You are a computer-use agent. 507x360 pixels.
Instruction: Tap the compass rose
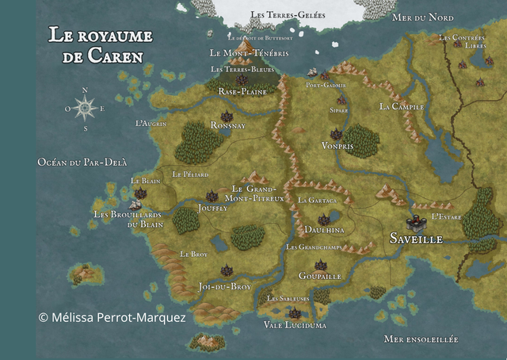[x=86, y=107]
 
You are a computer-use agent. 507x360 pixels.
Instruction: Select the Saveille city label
[x=416, y=238]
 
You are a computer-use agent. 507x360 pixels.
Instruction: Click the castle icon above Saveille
[x=414, y=221]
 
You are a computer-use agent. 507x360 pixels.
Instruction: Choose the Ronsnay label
[x=228, y=125]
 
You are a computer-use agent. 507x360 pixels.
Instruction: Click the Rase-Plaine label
[x=242, y=92]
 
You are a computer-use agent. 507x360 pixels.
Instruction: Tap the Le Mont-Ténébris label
[x=248, y=53]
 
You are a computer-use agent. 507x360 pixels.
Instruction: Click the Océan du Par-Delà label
[x=82, y=162]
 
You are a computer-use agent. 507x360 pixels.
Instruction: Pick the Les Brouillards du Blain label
[x=128, y=219]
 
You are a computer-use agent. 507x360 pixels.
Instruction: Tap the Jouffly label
[x=212, y=208]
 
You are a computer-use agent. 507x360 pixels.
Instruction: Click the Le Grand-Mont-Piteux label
[x=257, y=193]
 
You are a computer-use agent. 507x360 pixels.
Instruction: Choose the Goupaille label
[x=320, y=276]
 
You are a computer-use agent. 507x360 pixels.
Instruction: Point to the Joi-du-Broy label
[x=225, y=286]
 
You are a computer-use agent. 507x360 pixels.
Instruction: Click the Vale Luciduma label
[x=294, y=325]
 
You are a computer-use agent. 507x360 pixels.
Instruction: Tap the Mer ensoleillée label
[x=421, y=339]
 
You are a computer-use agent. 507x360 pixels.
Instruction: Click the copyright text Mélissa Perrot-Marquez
[x=112, y=317]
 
